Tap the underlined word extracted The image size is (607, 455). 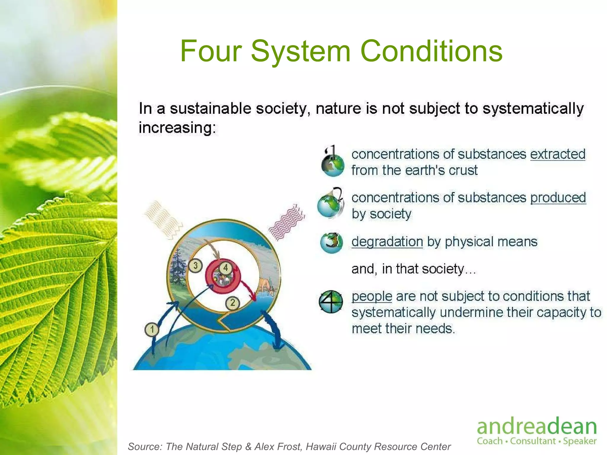tap(558, 154)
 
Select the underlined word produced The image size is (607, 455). tap(558, 198)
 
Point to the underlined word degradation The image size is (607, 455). tap(387, 242)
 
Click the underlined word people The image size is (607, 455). tap(372, 297)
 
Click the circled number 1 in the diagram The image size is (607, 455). tap(152, 329)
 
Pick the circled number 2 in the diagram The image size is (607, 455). tap(233, 303)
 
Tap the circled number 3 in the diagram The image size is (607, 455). tap(195, 265)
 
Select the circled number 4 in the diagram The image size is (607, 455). tap(226, 268)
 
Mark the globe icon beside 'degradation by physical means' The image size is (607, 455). tap(332, 243)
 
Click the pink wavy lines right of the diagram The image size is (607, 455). tap(286, 222)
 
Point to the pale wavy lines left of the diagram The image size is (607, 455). tap(162, 219)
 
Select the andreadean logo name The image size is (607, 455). tap(536, 427)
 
